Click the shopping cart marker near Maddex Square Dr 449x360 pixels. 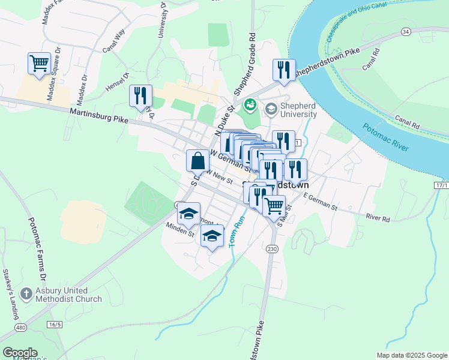tap(39, 63)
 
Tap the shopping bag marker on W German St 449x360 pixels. tap(198, 161)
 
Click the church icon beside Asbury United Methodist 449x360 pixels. tap(26, 294)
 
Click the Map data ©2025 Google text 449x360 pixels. tap(411, 355)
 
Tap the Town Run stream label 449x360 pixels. tap(234, 232)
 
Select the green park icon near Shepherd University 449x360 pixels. tap(250, 107)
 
